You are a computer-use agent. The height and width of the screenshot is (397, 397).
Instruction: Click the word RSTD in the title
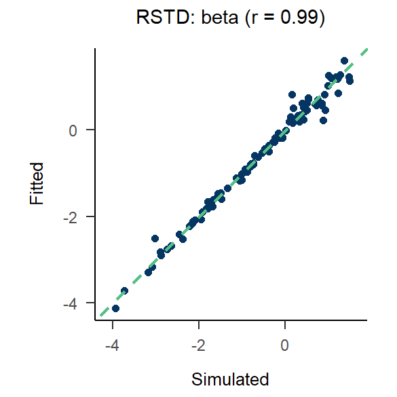tap(156, 18)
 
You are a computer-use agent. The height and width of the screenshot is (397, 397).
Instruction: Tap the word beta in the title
tap(217, 18)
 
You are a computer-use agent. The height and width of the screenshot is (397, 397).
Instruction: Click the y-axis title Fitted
tap(37, 183)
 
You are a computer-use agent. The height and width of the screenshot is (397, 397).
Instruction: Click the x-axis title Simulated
tap(231, 379)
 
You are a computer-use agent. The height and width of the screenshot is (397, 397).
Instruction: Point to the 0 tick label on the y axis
tap(73, 130)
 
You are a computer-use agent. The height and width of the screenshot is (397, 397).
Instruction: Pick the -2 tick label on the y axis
tap(70, 216)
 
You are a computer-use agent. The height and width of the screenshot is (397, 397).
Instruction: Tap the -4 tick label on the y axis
tap(70, 303)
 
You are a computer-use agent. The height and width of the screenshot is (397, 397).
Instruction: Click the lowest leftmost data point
tap(115, 308)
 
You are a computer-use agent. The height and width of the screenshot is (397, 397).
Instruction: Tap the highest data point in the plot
tap(344, 61)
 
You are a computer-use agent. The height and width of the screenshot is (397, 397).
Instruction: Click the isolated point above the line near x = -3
tap(155, 238)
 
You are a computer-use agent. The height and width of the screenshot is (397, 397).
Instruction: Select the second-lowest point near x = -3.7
tap(125, 290)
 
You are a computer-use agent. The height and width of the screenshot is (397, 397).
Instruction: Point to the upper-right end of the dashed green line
tap(366, 50)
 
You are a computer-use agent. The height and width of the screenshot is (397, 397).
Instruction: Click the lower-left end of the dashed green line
tap(100, 315)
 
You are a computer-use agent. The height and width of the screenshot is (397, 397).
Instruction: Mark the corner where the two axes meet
tap(96, 320)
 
